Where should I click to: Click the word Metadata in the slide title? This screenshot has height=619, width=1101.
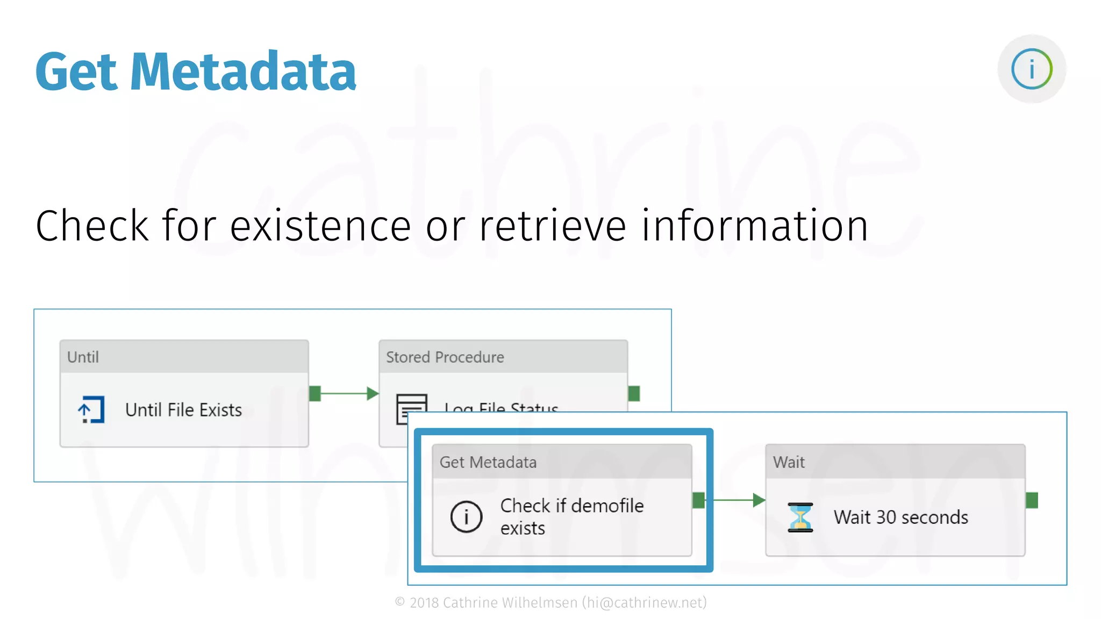click(243, 71)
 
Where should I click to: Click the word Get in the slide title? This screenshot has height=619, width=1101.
click(76, 71)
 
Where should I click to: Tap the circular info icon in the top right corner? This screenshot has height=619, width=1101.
click(1031, 69)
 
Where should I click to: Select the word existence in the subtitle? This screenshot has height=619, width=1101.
click(320, 226)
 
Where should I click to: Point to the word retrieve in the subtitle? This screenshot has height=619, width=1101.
click(553, 226)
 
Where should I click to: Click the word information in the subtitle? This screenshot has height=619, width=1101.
click(755, 226)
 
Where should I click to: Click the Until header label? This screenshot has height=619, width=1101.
click(83, 357)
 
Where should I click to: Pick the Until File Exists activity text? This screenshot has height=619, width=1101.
click(183, 410)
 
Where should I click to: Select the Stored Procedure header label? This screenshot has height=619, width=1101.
click(445, 357)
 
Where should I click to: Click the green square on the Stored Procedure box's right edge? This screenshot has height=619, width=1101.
click(634, 394)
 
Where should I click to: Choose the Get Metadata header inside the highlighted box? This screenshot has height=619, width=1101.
click(488, 462)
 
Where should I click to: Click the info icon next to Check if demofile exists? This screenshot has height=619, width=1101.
click(466, 517)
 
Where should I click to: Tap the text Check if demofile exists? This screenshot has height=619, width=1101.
click(571, 516)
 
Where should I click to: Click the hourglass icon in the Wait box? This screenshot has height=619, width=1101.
click(800, 517)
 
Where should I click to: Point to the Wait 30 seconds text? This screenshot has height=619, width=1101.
click(901, 517)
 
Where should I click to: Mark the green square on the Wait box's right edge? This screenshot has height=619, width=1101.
click(1032, 500)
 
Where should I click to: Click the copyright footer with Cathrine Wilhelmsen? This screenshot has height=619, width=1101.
click(550, 603)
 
